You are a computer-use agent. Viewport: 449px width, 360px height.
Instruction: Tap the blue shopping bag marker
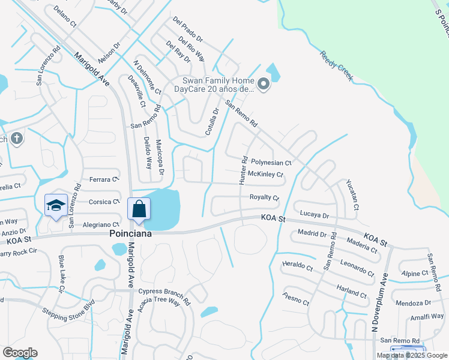pyautogui.click(x=139, y=209)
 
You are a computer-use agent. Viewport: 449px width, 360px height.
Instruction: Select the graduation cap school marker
pyautogui.click(x=56, y=205)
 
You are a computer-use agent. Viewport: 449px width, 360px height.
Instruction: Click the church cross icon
pyautogui.click(x=16, y=139)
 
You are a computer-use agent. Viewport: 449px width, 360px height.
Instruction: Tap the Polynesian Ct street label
pyautogui.click(x=271, y=163)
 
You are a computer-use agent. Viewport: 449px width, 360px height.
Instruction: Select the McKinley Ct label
pyautogui.click(x=265, y=175)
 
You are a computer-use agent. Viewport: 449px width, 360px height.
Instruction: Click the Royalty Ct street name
pyautogui.click(x=264, y=197)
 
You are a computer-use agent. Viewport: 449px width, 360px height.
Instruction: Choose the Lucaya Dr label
pyautogui.click(x=315, y=215)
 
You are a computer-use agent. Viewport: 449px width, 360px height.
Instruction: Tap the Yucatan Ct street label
pyautogui.click(x=352, y=194)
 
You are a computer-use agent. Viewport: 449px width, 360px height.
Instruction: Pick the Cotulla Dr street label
pyautogui.click(x=212, y=120)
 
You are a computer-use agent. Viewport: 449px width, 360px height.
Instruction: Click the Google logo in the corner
pyautogui.click(x=20, y=353)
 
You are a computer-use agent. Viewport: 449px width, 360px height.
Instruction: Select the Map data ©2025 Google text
pyautogui.click(x=412, y=355)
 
